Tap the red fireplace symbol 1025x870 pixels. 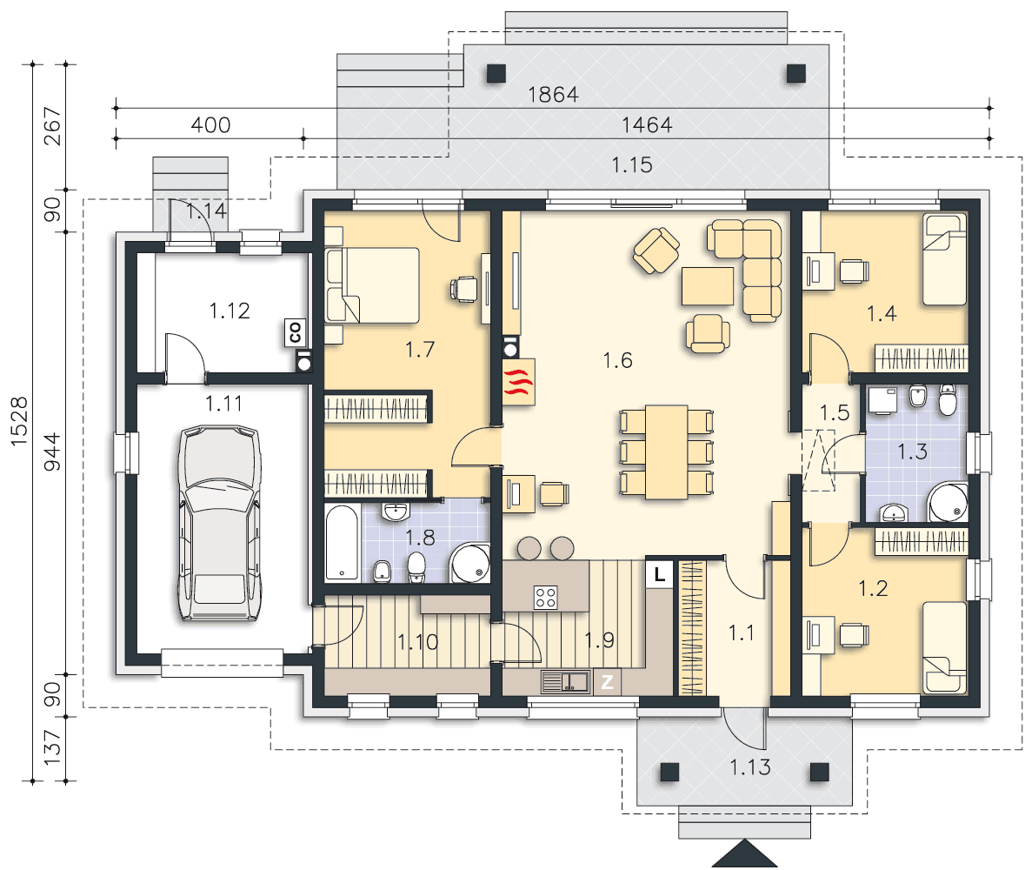[519, 382]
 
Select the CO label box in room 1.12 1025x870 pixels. [295, 332]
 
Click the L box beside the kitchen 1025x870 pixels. [660, 574]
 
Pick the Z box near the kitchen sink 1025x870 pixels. [608, 682]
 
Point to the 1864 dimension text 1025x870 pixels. [553, 95]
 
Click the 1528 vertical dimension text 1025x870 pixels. [19, 422]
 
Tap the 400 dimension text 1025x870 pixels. [210, 125]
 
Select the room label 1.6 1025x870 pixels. [618, 360]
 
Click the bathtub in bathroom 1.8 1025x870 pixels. [342, 542]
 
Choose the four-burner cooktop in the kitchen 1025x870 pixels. [546, 597]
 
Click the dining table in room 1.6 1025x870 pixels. [666, 452]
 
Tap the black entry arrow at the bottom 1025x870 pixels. [744, 854]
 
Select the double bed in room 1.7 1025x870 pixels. [373, 285]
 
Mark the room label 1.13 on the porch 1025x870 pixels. [749, 766]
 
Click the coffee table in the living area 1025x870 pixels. [708, 286]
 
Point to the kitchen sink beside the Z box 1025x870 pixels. [566, 682]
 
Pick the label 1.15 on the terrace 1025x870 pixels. [631, 164]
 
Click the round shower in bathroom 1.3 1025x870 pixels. [948, 502]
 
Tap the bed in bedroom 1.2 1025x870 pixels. [945, 647]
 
